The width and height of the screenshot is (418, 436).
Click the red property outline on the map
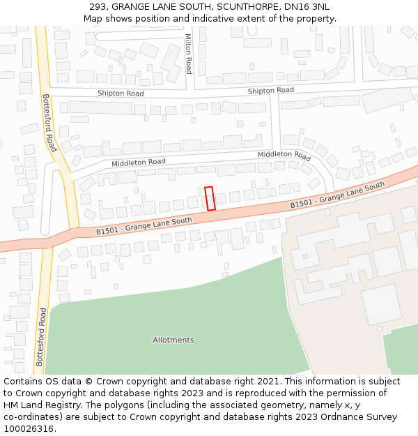210,198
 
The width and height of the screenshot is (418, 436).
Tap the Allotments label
173,340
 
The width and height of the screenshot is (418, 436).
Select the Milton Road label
188,54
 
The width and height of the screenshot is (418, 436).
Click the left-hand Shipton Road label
121,93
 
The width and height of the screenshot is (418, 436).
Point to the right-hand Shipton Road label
271,91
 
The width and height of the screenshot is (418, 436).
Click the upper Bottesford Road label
49,123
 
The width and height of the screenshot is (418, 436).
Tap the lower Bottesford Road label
40,336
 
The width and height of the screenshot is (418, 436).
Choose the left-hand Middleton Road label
139,163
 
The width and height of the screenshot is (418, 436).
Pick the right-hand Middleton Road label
284,155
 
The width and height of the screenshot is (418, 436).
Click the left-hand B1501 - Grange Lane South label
144,225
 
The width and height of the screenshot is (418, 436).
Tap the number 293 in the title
98,6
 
